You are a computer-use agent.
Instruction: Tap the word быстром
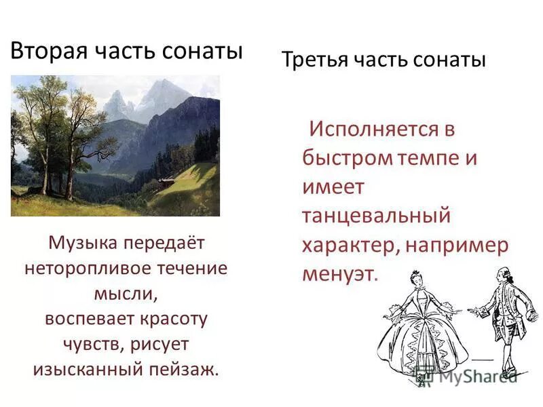(347, 158)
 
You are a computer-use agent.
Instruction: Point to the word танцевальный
(376, 216)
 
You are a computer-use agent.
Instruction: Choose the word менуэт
(338, 274)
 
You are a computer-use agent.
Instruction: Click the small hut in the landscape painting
(166, 182)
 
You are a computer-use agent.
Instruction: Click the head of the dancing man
(502, 274)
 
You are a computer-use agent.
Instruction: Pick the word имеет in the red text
(333, 187)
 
